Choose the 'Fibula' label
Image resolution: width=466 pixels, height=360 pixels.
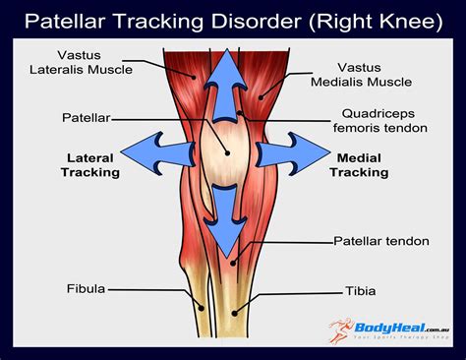tap(86, 289)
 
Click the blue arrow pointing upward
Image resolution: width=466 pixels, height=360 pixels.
tap(226, 84)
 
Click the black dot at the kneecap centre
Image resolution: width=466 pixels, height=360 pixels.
tap(225, 153)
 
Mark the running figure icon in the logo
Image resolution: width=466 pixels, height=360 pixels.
tap(343, 332)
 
